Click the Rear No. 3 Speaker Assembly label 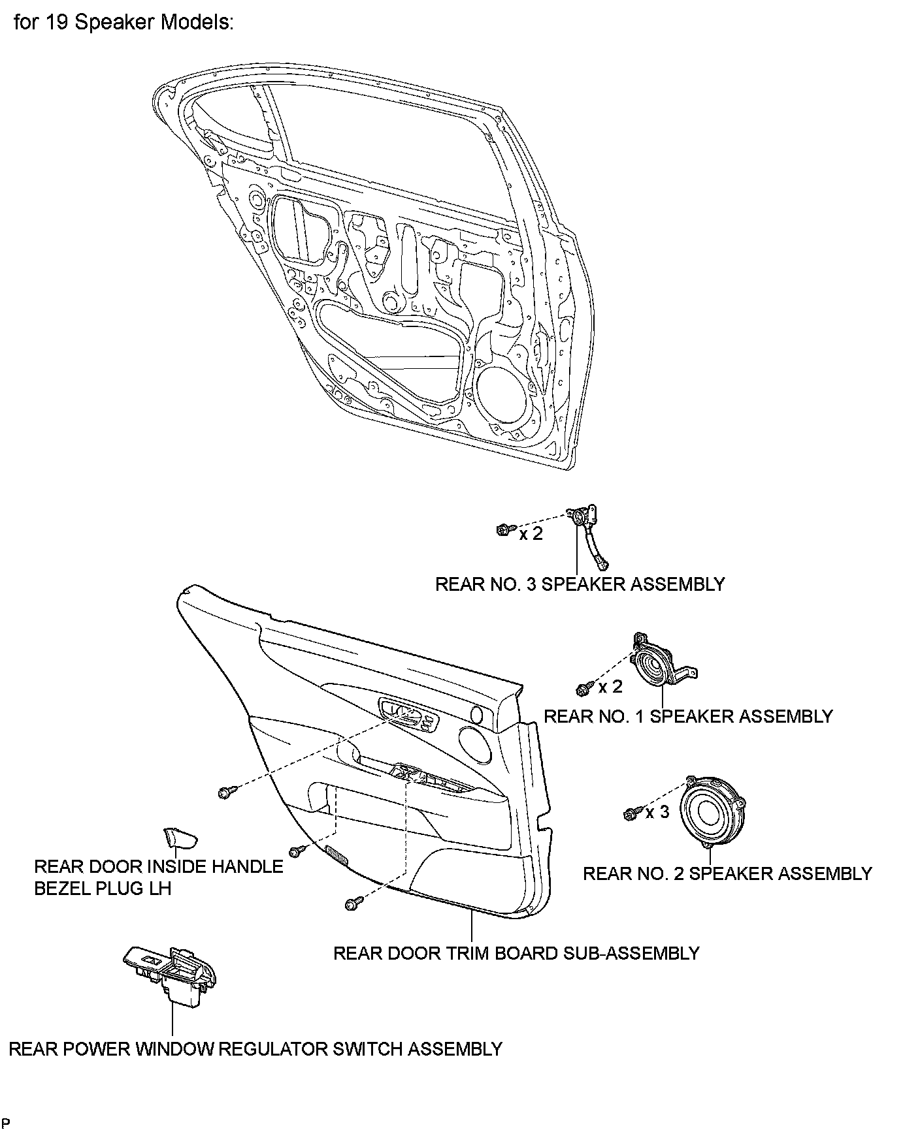point(580,584)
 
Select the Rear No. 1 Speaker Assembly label point(688,716)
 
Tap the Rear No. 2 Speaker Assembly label point(727,873)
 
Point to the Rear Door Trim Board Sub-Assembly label point(516,953)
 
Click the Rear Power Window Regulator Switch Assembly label point(255,1049)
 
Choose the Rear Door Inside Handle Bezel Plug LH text point(158,877)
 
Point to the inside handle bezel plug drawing point(178,836)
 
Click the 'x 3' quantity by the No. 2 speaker point(657,813)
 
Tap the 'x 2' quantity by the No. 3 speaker point(531,534)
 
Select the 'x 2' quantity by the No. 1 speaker point(610,687)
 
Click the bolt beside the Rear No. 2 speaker point(631,813)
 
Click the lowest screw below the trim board point(352,903)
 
